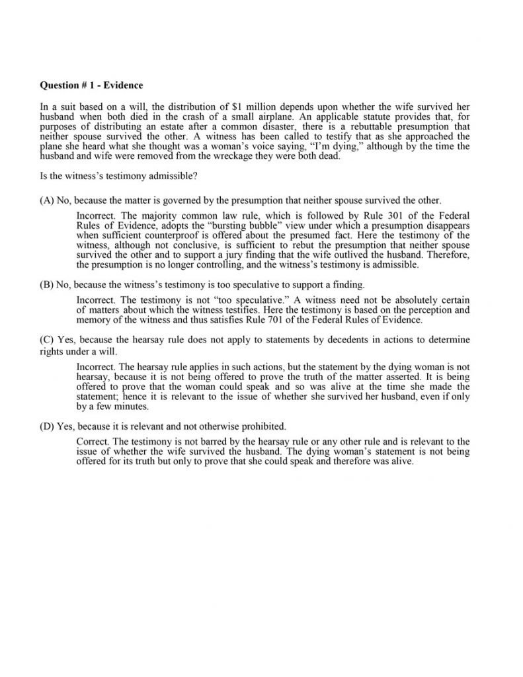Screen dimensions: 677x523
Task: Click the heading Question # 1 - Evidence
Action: pos(91,85)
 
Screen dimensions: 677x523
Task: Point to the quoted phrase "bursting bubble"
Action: pos(225,225)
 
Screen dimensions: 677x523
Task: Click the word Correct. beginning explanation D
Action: pos(93,441)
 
